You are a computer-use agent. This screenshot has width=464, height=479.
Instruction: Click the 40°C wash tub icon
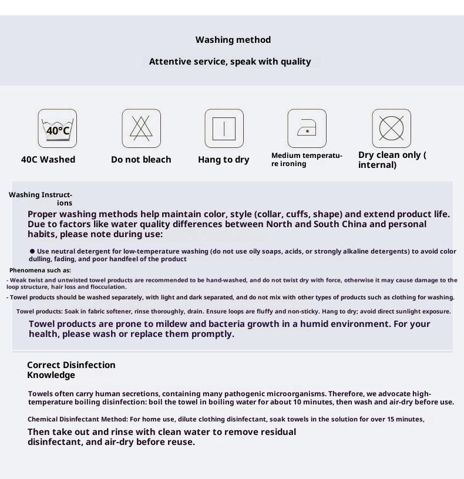[x=58, y=129]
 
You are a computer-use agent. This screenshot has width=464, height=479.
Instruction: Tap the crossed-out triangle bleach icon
[x=141, y=129]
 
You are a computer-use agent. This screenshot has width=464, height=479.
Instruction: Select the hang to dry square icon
[x=224, y=129]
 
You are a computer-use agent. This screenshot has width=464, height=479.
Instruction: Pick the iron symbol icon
[x=307, y=129]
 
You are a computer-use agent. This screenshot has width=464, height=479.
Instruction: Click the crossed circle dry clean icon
[x=391, y=129]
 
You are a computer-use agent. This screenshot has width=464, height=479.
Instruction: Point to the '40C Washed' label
[x=48, y=160]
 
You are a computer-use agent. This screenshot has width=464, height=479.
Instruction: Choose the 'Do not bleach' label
[x=141, y=160]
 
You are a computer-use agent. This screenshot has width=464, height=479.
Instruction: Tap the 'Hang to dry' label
[x=223, y=160]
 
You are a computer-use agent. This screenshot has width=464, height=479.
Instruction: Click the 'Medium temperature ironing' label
[x=307, y=160]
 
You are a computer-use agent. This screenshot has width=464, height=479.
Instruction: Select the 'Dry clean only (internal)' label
[x=392, y=160]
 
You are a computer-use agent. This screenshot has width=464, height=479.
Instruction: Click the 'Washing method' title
[x=233, y=40]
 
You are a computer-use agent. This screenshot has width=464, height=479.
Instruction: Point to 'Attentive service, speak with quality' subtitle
[x=230, y=62]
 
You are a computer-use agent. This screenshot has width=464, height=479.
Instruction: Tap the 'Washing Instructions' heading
[x=41, y=198]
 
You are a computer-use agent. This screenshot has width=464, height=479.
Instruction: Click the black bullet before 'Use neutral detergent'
[x=32, y=251]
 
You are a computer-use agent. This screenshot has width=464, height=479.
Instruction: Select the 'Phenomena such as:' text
[x=40, y=271]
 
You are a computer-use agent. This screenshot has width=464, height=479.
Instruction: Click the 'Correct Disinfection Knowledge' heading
[x=71, y=370]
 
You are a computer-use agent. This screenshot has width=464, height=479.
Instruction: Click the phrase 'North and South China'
[x=316, y=224]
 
